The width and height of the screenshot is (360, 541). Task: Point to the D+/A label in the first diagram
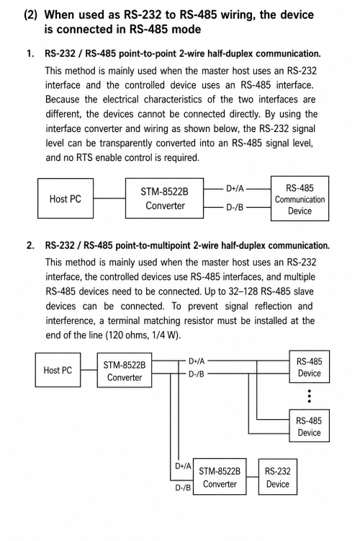pyautogui.click(x=235, y=189)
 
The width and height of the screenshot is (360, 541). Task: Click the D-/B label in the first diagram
pyautogui.click(x=235, y=207)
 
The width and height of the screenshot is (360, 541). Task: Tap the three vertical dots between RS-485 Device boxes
pyautogui.click(x=310, y=396)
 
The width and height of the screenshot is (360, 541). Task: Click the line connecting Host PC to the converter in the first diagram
pyautogui.click(x=109, y=198)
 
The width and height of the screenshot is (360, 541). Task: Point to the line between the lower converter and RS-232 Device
pyautogui.click(x=253, y=477)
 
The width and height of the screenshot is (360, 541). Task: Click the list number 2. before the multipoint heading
pyautogui.click(x=30, y=245)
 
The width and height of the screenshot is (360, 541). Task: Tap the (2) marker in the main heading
pyautogui.click(x=31, y=15)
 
